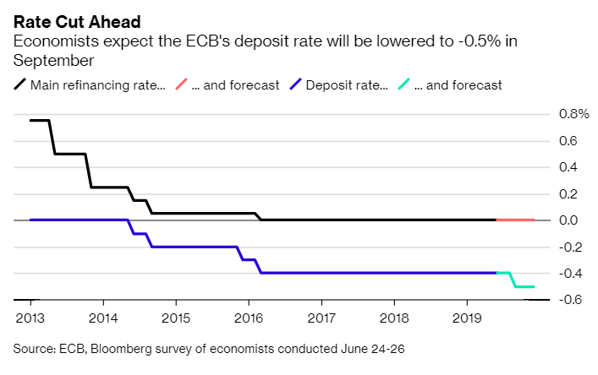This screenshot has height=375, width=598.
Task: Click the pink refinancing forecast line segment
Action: coord(515,220)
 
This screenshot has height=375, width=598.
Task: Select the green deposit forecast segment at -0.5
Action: coord(524,287)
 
